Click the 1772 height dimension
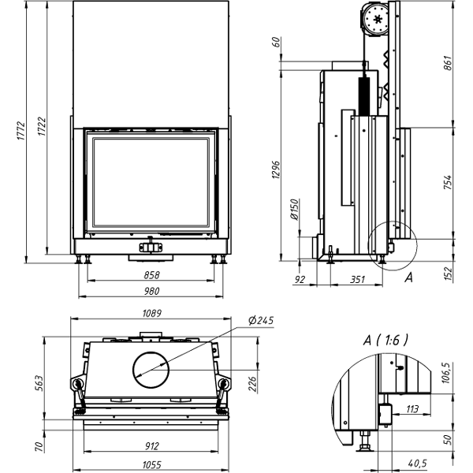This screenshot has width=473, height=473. click(20, 131)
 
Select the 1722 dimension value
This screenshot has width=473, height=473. click(42, 126)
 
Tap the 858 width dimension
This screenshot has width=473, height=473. click(151, 275)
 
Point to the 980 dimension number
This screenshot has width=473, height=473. click(151, 291)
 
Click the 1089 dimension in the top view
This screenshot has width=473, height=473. click(151, 313)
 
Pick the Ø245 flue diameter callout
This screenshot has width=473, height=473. click(261, 320)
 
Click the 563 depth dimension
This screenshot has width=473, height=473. click(39, 383)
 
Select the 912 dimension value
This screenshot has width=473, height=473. click(151, 446)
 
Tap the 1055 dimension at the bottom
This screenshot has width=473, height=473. click(151, 465)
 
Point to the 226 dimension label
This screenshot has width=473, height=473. click(252, 383)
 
